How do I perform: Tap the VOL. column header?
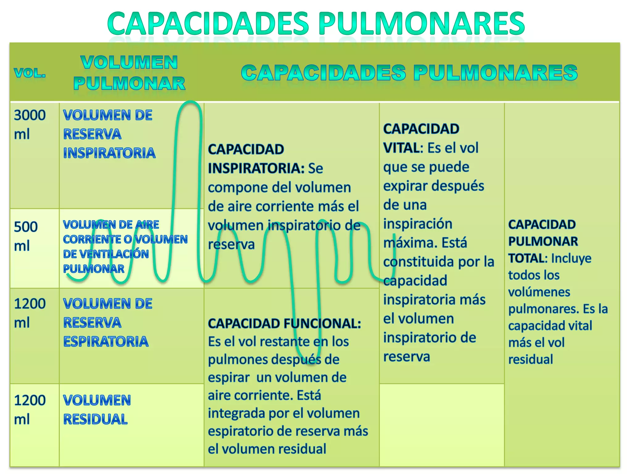[30, 73]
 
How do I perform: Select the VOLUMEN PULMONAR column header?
[129, 73]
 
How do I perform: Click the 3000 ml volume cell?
[30, 124]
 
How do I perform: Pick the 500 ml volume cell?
[26, 236]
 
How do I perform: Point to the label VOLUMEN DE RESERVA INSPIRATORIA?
[109, 134]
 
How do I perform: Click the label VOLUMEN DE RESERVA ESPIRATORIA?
[107, 322]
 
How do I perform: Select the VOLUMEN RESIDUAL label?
[97, 410]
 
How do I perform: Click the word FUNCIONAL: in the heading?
[322, 323]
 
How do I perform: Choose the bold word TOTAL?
[528, 258]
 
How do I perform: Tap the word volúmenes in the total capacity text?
[539, 292]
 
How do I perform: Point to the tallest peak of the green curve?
[190, 102]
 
